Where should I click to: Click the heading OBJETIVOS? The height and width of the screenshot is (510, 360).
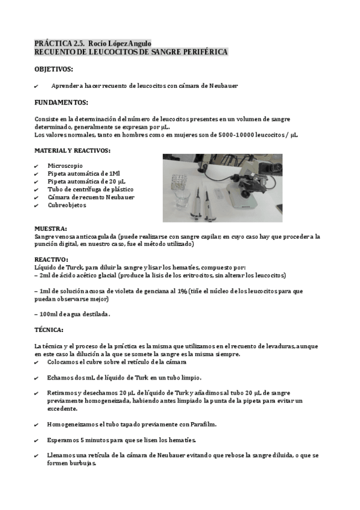tap(53, 69)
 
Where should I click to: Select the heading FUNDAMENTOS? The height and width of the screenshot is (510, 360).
tap(61, 102)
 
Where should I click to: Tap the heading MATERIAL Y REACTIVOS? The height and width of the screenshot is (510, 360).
tap(72, 150)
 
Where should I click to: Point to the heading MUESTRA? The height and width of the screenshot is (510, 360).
tap(51, 229)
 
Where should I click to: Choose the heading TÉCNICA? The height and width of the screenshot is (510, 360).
tap(49, 330)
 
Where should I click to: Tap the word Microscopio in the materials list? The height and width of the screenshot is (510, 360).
tap(66, 165)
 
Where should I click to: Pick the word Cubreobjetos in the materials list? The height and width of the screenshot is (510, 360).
tap(67, 205)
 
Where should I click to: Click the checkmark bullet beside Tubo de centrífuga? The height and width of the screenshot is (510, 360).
tap(37, 189)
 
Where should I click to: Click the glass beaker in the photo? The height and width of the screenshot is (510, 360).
tap(183, 198)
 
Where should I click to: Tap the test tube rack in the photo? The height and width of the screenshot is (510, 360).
tap(180, 181)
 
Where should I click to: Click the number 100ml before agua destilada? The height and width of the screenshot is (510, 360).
tap(50, 314)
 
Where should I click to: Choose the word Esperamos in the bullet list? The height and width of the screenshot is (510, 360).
tap(64, 440)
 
